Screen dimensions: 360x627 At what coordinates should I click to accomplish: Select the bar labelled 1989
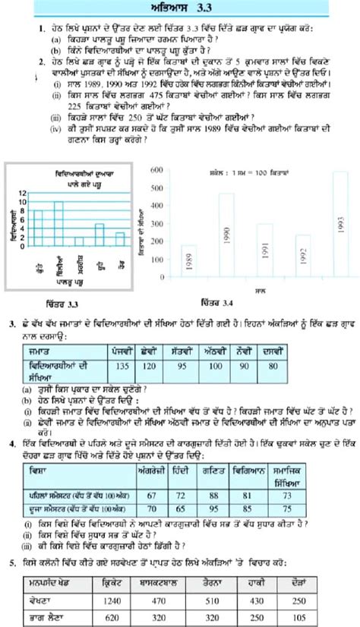(x=188, y=262)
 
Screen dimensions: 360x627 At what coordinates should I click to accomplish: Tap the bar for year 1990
(x=226, y=235)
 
